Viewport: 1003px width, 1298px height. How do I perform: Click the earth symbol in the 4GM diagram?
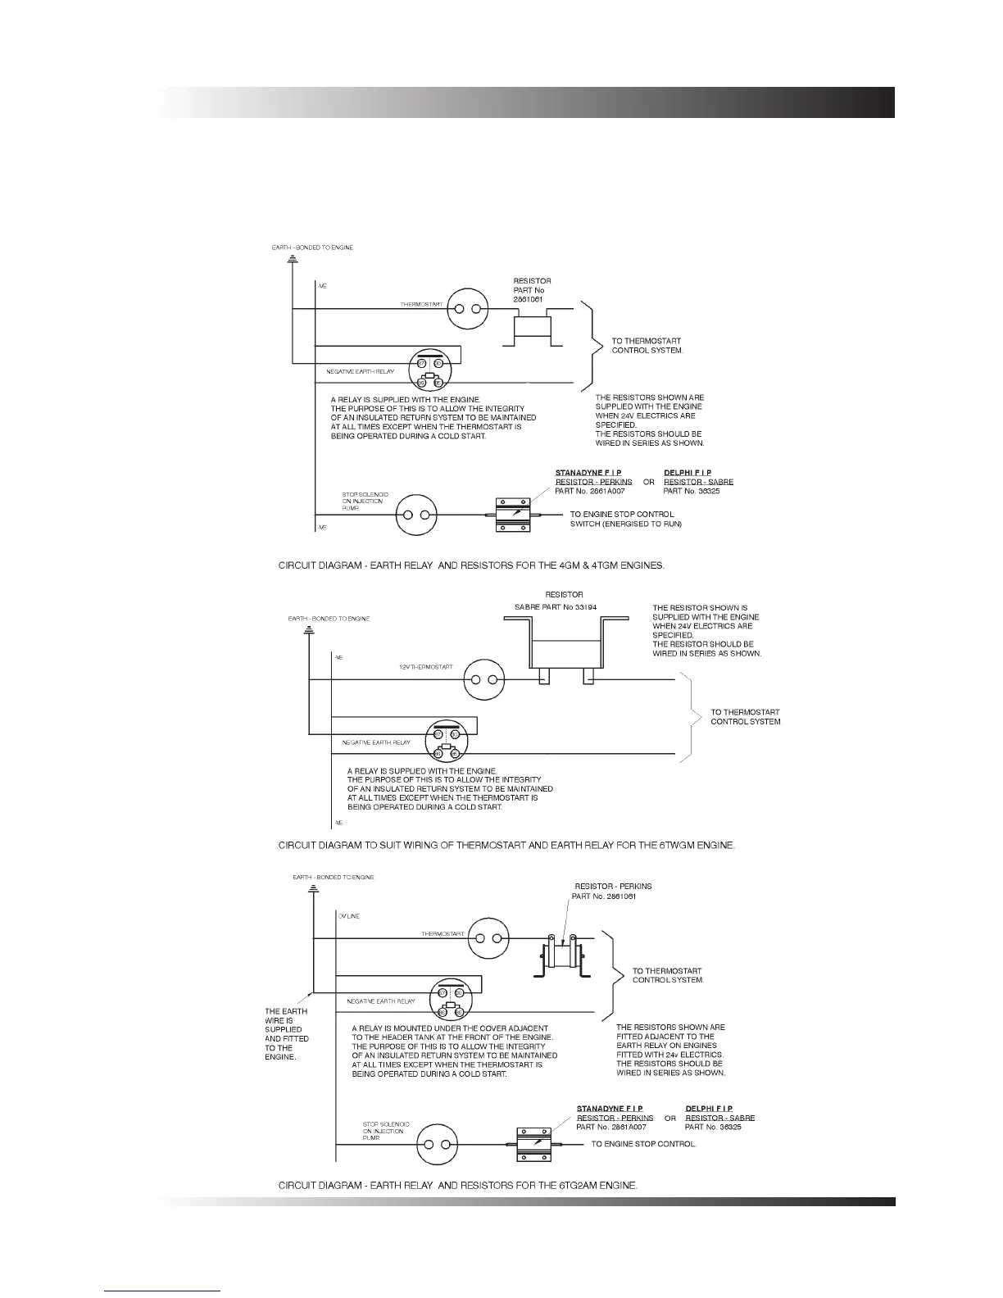click(293, 259)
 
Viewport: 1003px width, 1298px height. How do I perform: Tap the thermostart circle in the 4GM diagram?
click(467, 309)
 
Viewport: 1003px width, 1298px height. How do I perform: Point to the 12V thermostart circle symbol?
click(483, 680)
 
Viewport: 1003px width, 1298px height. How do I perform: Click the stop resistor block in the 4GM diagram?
click(514, 515)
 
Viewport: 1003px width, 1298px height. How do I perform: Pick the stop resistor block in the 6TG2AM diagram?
click(535, 1144)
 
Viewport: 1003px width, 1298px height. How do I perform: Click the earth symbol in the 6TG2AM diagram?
click(313, 889)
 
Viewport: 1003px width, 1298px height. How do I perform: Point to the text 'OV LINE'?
click(348, 916)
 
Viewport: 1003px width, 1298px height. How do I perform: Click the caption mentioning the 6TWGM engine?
click(506, 845)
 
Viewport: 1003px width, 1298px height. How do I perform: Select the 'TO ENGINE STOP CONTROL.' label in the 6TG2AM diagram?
click(643, 1144)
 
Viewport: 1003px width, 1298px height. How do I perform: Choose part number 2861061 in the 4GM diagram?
click(528, 299)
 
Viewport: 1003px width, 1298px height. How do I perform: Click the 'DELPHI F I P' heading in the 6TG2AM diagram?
click(709, 1109)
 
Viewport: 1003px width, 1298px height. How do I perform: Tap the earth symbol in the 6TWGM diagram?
click(309, 629)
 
